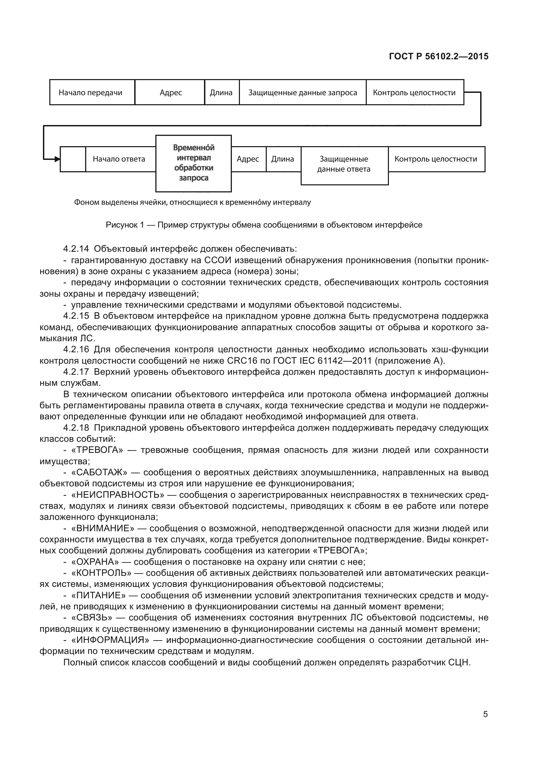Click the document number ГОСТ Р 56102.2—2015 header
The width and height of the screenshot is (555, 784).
click(439, 56)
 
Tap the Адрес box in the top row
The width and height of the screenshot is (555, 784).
click(170, 93)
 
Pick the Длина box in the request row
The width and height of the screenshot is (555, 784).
click(221, 93)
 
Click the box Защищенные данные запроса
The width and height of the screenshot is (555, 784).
click(302, 93)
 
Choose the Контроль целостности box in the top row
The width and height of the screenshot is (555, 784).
click(414, 93)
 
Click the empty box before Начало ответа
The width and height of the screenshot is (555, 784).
click(73, 159)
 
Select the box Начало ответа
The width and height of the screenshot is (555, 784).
click(119, 159)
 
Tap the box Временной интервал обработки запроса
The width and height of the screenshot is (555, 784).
click(193, 163)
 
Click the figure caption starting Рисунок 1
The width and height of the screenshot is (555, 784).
click(264, 225)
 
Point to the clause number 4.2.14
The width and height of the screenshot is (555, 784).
click(76, 249)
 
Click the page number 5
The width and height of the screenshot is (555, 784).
click(485, 714)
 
